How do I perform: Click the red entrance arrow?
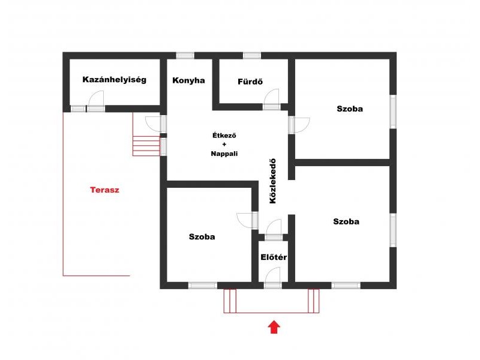point(274,327)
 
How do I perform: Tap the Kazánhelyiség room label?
point(114,80)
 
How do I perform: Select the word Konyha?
point(188,80)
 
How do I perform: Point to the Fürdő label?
point(250,82)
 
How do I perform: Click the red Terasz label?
point(104,190)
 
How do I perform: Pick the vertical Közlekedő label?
point(272,181)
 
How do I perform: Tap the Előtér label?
point(274,257)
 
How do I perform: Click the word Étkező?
point(224,136)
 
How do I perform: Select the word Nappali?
point(224,154)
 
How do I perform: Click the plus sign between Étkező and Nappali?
point(224,145)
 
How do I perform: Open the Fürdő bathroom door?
point(272,98)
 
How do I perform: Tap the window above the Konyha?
point(185,56)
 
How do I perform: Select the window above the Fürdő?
point(252,56)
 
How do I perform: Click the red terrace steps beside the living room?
point(146,146)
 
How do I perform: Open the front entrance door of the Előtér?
point(272,278)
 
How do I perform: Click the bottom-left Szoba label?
point(202,236)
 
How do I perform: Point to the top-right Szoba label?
point(350,109)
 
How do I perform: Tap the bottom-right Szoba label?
point(346,221)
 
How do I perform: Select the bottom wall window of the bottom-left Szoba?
point(203,286)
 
